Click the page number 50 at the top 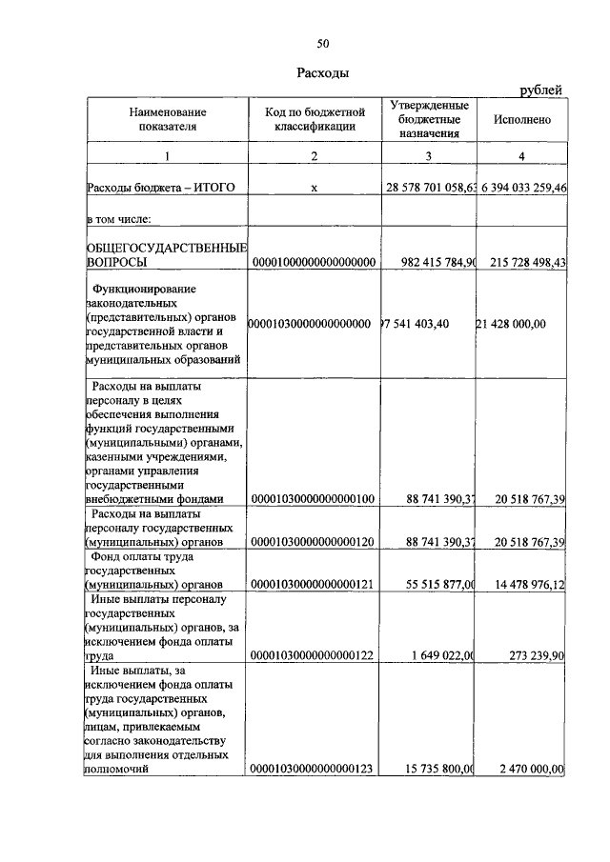[323, 44]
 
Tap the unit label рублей [540, 90]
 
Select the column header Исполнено [522, 120]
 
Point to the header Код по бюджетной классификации [314, 119]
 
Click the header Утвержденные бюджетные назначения [429, 119]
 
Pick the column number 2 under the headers [314, 155]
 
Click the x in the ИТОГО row [314, 189]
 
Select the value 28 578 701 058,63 [430, 189]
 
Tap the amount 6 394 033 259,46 [521, 189]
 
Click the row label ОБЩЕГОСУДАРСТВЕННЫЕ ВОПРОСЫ [167, 254]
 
